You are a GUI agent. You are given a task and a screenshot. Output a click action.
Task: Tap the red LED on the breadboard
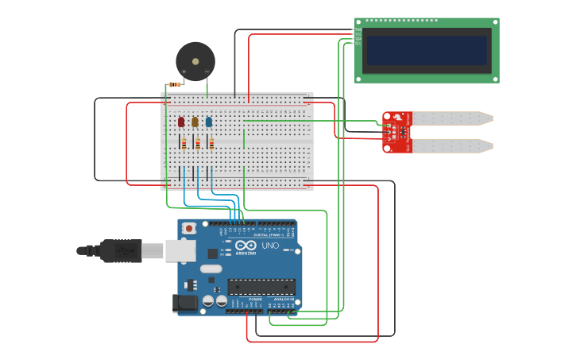181,122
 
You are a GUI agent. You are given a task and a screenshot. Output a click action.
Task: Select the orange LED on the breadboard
195,122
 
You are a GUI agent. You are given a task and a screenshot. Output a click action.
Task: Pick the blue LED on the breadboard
209,122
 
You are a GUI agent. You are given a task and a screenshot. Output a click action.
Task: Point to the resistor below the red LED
184,144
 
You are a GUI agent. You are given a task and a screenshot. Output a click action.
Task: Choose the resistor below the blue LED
211,144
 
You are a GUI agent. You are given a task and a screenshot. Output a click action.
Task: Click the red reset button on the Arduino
188,229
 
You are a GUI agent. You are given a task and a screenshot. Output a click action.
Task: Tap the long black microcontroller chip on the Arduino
261,287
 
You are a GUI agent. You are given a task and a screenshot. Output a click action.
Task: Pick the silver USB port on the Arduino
180,250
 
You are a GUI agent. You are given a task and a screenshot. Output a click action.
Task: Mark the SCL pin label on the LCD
358,44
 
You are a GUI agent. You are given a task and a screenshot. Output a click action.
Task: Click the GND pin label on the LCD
358,29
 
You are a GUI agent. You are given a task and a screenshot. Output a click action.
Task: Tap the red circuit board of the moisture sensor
396,132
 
